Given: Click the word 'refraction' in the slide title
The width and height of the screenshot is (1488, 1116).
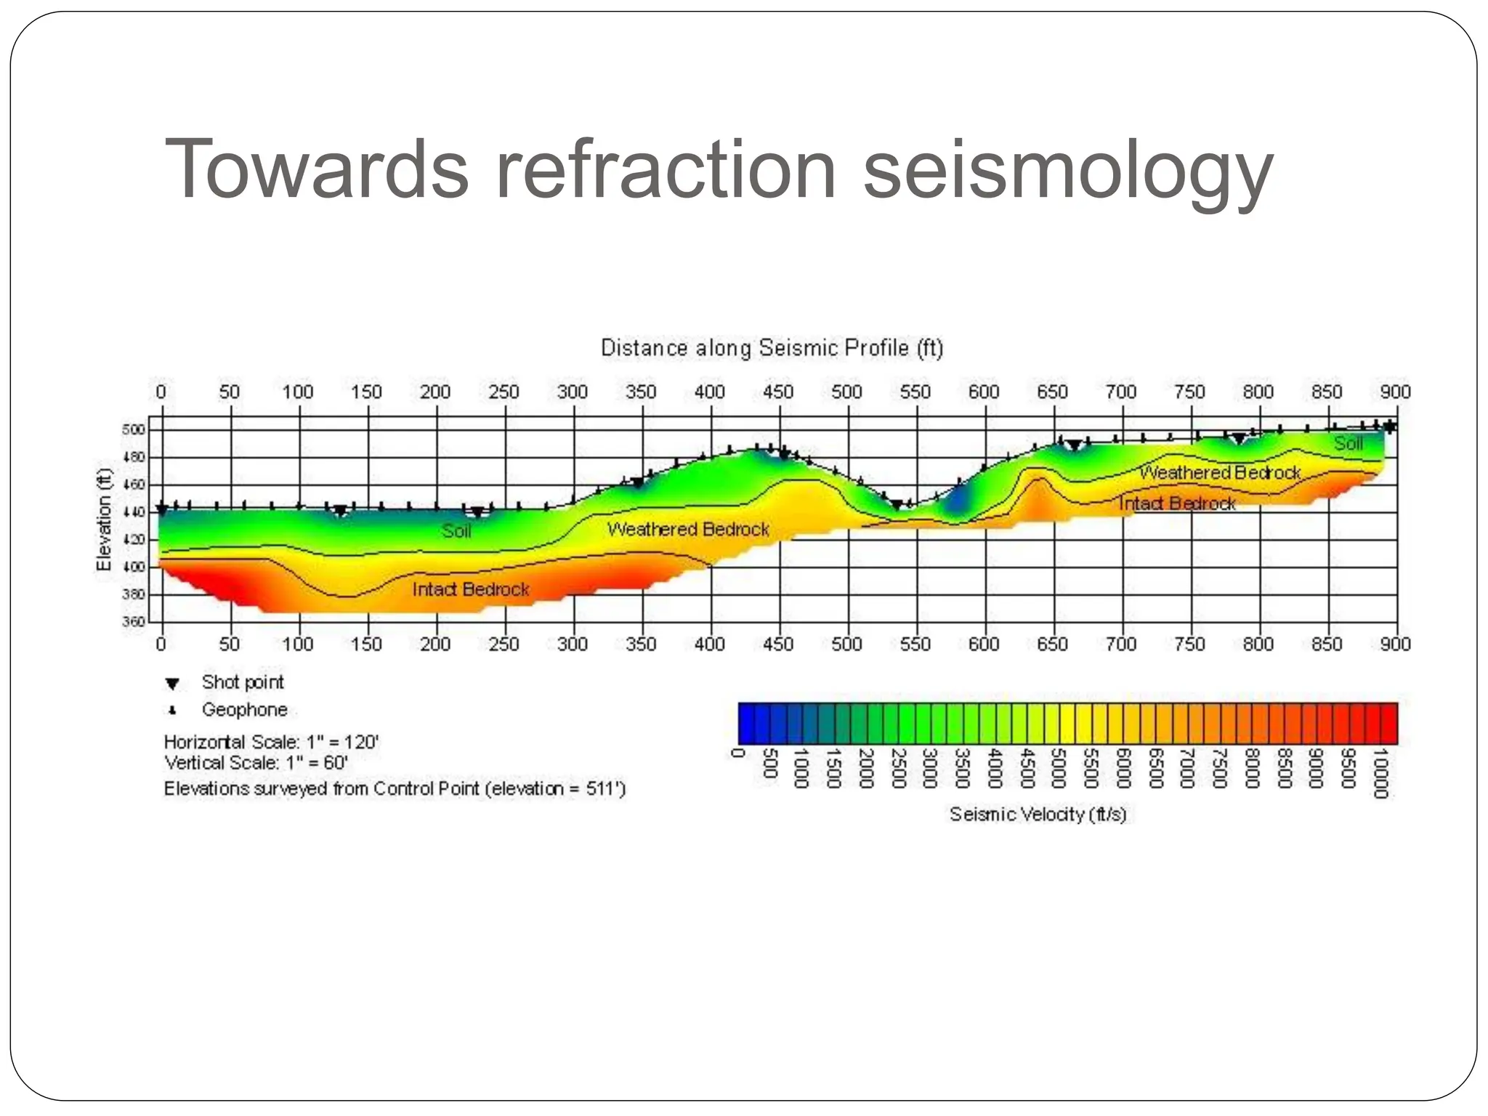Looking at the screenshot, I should (x=666, y=169).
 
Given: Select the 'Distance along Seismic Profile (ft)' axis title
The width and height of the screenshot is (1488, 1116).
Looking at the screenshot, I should (x=772, y=348).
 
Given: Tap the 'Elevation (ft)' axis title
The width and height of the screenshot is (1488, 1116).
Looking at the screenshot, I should (x=105, y=519).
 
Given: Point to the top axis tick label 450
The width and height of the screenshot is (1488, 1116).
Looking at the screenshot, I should (x=778, y=392).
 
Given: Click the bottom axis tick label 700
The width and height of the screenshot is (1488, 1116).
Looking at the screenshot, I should (x=1120, y=644).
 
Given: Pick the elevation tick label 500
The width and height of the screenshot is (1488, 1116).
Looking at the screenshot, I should (x=134, y=429).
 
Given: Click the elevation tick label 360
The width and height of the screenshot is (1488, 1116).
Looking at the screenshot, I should (x=134, y=622).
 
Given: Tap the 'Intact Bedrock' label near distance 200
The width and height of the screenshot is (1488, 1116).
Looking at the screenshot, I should (x=471, y=589).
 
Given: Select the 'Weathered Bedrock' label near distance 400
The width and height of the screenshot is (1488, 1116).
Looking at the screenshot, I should (x=688, y=529).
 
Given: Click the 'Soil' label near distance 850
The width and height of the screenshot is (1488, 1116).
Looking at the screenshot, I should (x=1348, y=443).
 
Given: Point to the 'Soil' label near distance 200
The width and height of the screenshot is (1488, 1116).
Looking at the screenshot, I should (x=456, y=531).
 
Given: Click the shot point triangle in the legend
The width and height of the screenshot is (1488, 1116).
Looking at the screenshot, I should (x=172, y=684).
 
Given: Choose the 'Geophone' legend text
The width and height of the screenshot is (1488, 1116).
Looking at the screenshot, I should (x=245, y=710).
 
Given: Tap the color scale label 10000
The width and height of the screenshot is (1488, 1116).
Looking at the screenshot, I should (x=1380, y=773).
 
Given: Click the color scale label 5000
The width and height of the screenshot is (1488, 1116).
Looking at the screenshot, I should (x=1057, y=768).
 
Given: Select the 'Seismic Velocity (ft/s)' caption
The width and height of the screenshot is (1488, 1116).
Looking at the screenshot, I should (x=1038, y=814).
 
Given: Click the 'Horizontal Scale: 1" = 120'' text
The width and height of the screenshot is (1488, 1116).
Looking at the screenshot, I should (x=271, y=742).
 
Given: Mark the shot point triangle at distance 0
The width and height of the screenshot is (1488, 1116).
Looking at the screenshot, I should (x=163, y=509).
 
